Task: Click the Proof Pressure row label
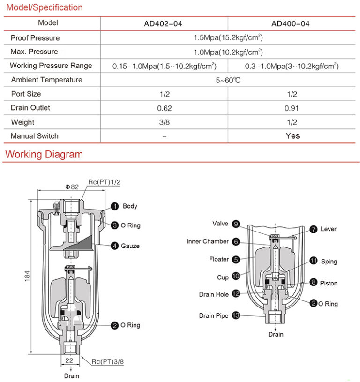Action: (x=35, y=37)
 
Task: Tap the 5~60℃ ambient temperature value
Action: (x=228, y=80)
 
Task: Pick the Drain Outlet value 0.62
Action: (x=164, y=108)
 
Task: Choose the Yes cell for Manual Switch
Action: (x=292, y=136)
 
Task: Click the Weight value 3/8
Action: (x=164, y=122)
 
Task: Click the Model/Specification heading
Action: (x=44, y=7)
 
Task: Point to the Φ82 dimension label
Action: (x=71, y=186)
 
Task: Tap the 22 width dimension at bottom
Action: (x=69, y=360)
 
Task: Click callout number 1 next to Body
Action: (x=114, y=206)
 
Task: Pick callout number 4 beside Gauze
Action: (x=114, y=246)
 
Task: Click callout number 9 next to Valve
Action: (x=236, y=224)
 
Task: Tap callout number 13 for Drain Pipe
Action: (x=236, y=316)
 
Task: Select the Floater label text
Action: (x=219, y=259)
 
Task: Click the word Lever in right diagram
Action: (x=328, y=229)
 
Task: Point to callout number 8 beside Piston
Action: (x=312, y=283)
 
